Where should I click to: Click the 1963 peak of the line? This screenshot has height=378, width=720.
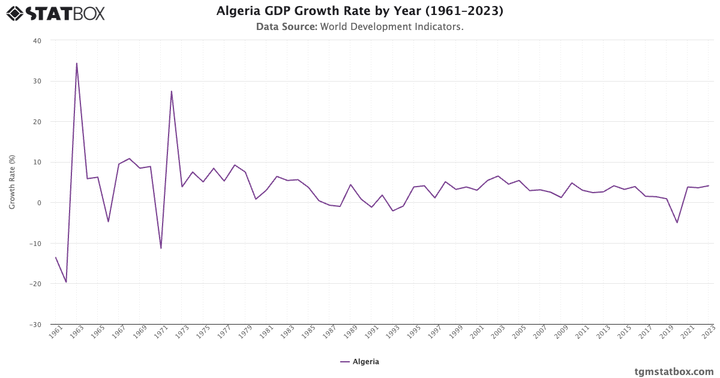pos(76,63)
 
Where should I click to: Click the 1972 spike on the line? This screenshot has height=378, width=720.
pos(171,91)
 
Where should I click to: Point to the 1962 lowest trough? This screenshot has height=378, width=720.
pos(66,282)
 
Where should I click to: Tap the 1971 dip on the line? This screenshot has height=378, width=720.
pos(161,248)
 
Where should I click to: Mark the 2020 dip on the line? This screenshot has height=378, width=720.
pos(677,223)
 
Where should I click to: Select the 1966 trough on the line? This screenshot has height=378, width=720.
pos(108,221)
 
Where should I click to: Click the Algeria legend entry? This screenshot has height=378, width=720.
pos(360,362)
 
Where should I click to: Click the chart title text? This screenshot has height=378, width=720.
pos(360,11)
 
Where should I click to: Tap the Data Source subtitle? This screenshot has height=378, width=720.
pos(360,27)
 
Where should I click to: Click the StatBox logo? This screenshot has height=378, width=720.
pos(55,13)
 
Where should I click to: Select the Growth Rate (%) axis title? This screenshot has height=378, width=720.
pos(12,182)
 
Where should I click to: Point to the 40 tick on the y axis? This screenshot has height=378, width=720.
pos(37,41)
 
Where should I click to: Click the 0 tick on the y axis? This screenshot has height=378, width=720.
pos(39,203)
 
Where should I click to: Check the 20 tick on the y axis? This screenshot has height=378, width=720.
pos(37,122)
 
